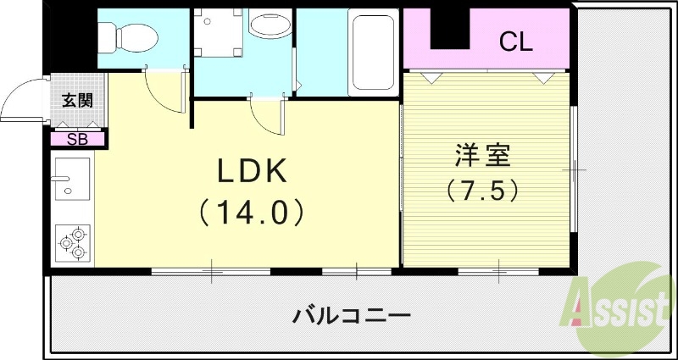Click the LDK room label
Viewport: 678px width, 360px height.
[253, 171]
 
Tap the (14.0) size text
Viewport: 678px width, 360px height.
[252, 212]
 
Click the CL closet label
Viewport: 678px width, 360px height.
[515, 40]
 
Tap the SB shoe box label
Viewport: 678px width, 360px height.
[77, 140]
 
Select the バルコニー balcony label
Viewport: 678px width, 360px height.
[352, 317]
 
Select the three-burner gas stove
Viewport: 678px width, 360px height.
[73, 243]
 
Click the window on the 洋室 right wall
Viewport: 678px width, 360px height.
[574, 169]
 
